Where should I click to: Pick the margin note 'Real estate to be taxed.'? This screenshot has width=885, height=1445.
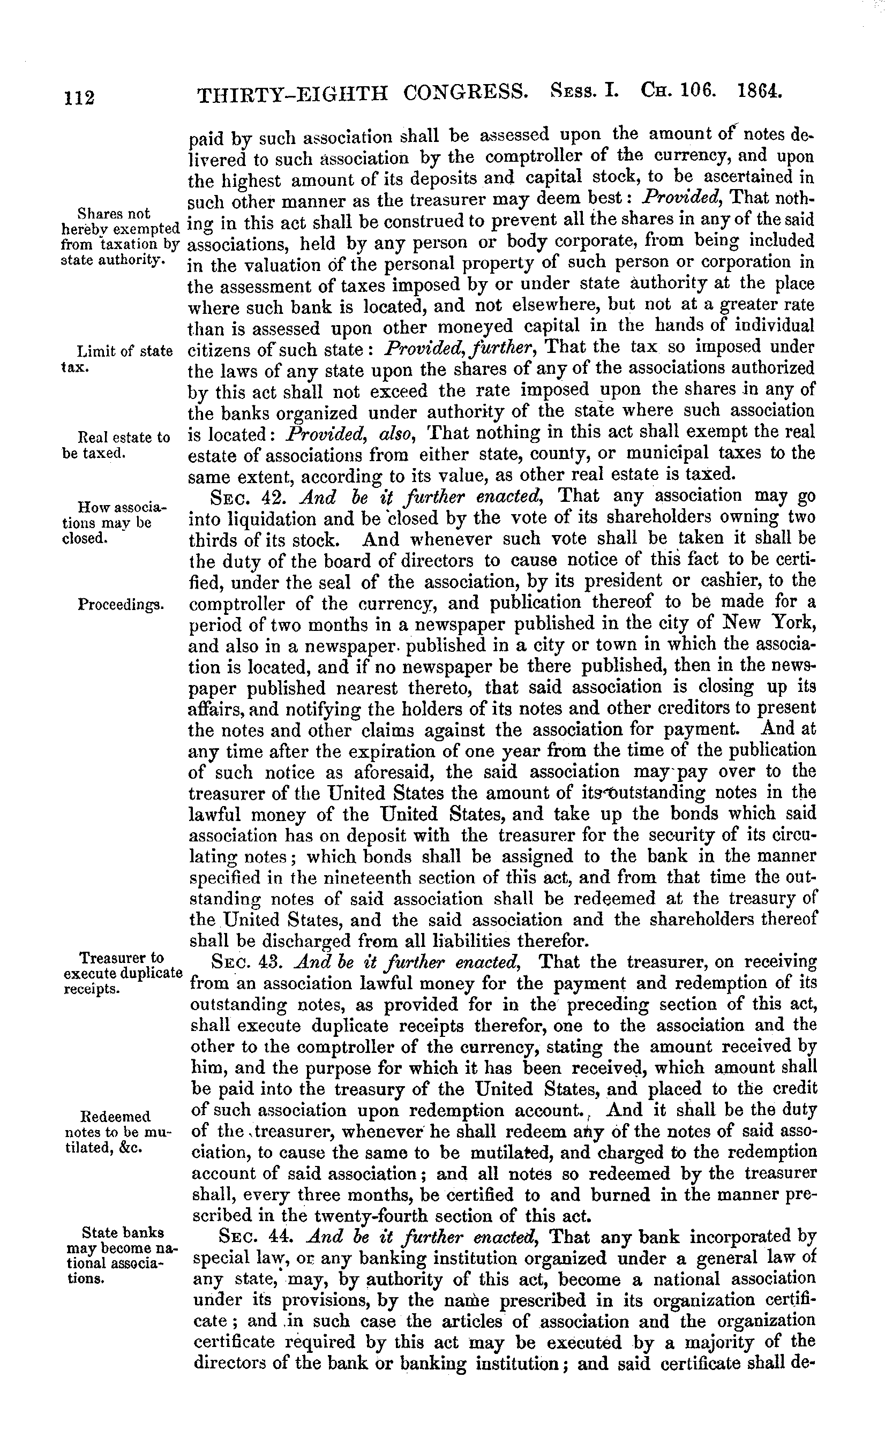pyautogui.click(x=115, y=445)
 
